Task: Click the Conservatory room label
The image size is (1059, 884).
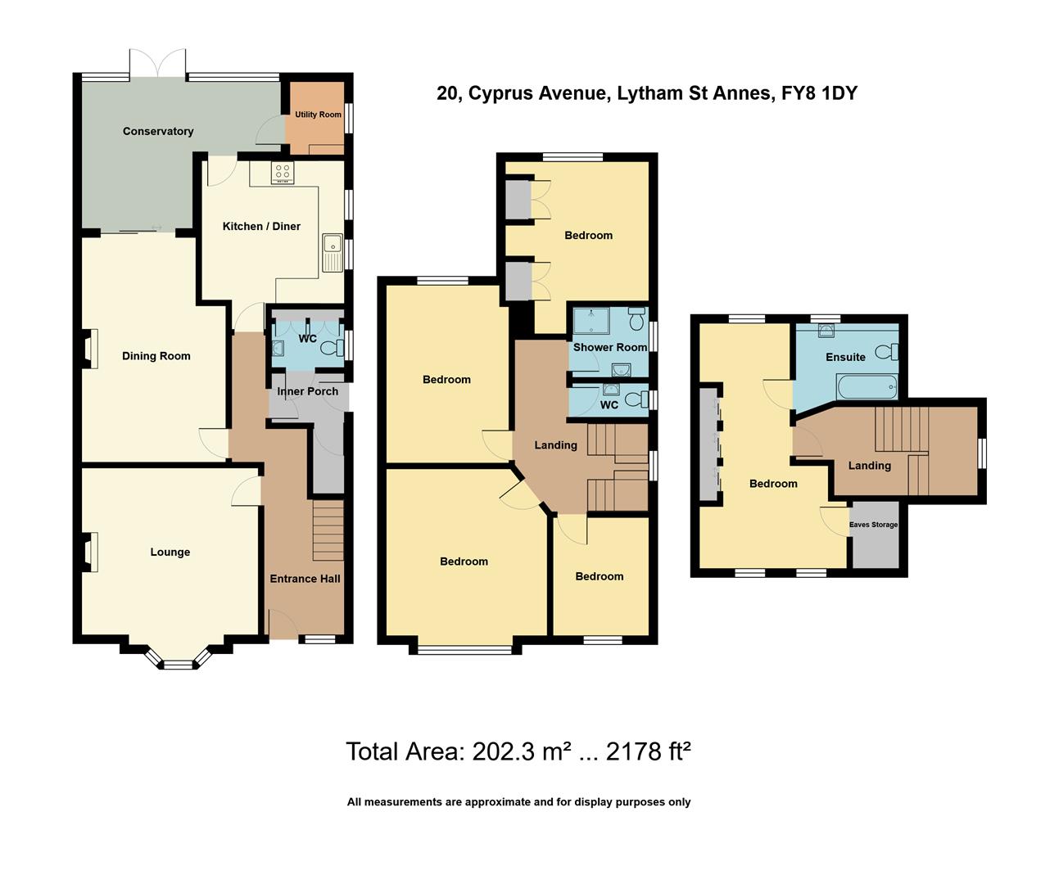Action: tap(158, 131)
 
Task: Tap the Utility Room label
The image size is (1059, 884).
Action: tap(318, 115)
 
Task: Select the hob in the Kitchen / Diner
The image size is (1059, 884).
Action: tap(283, 173)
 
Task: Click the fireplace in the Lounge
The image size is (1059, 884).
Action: tap(91, 552)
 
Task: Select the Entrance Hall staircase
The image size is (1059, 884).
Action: tap(328, 530)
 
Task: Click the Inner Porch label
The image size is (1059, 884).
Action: tap(307, 391)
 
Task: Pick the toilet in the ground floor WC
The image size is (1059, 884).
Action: tap(332, 348)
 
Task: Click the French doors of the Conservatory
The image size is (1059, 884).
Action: tap(158, 64)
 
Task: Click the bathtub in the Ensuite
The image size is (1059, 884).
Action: tap(867, 386)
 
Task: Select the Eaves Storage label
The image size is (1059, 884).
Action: tap(873, 525)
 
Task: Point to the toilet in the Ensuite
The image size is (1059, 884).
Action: tap(886, 352)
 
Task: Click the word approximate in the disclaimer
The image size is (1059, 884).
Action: tap(497, 802)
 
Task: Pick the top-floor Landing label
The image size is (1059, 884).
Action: tap(869, 466)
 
